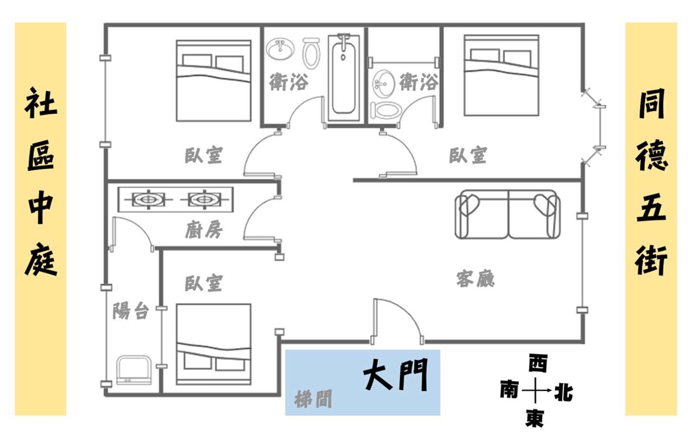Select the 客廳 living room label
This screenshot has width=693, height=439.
pyautogui.click(x=475, y=279)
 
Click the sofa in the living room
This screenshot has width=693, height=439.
pyautogui.click(x=508, y=214)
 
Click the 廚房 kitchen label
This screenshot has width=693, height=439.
pyautogui.click(x=204, y=230)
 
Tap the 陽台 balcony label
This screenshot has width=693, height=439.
pyautogui.click(x=131, y=311)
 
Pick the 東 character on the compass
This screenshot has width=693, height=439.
pyautogui.click(x=534, y=417)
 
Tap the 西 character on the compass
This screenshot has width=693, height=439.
pyautogui.click(x=537, y=364)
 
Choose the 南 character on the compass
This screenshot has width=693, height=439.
pyautogui.click(x=509, y=390)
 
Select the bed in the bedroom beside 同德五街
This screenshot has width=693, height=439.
pyautogui.click(x=501, y=75)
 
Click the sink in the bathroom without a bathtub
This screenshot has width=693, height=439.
pyautogui.click(x=383, y=83)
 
